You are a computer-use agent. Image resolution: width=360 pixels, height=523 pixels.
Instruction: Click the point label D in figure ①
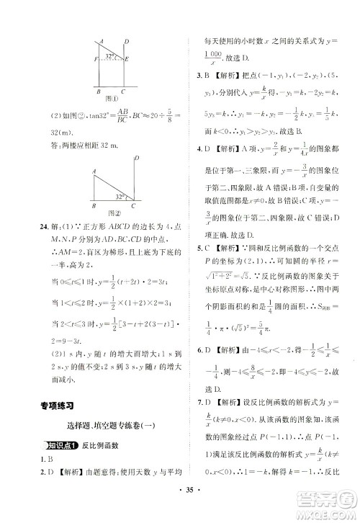coord(127,41)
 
